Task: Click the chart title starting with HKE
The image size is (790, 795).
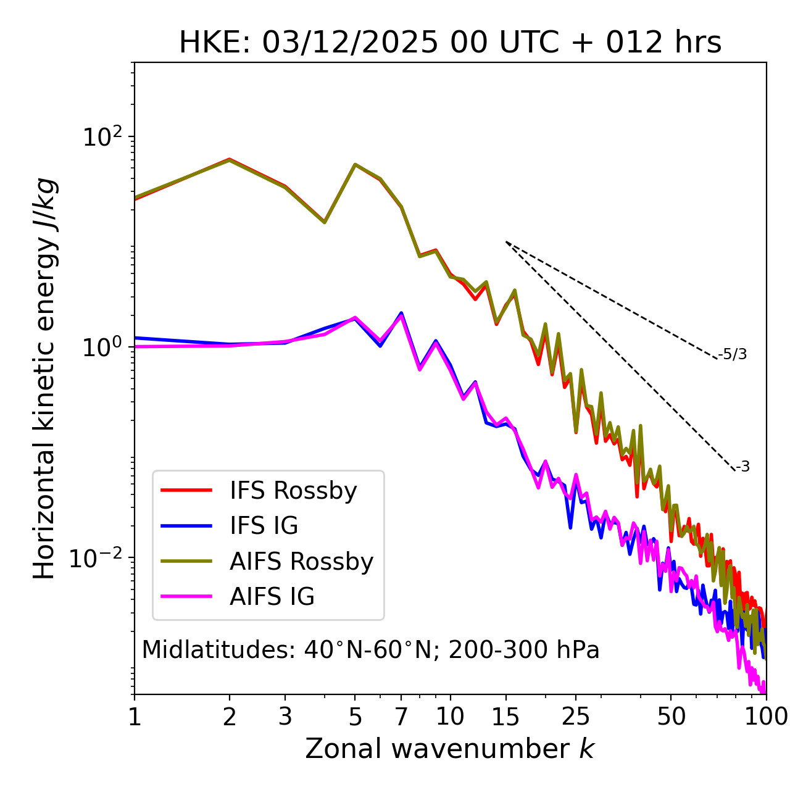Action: point(450,43)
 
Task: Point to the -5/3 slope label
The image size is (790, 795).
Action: point(733,354)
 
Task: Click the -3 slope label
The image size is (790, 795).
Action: point(742,467)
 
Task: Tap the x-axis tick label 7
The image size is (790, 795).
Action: point(401,717)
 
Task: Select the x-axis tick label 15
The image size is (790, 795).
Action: point(506,717)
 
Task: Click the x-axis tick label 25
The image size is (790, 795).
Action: point(576,717)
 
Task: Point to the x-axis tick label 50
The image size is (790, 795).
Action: point(671,717)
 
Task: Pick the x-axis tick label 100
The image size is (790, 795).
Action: point(766,717)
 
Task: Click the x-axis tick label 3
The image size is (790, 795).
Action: point(285,717)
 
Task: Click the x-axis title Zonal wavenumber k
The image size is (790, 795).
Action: point(450,749)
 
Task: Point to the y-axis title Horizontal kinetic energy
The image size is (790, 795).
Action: point(44,378)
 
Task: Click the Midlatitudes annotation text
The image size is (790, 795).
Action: point(371,650)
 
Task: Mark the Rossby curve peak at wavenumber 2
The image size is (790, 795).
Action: point(230,159)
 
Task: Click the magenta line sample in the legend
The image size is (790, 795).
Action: point(186,597)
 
